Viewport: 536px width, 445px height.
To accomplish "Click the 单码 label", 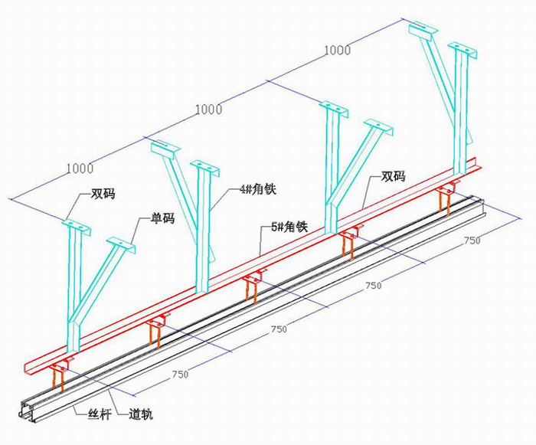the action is pos(162,218).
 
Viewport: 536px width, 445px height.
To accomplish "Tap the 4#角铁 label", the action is pos(259,189).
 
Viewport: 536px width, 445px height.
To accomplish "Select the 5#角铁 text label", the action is pos(289,227).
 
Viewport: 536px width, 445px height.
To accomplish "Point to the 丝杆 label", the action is pos(100,414).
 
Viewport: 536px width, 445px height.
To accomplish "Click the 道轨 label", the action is pos(141,414).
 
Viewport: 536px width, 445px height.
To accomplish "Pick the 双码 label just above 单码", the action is pos(103,194).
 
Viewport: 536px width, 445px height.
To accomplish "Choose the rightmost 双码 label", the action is pos(393,176).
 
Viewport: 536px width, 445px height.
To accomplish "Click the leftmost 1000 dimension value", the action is pos(80,169).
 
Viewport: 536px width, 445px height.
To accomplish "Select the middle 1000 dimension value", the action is pos(208,110).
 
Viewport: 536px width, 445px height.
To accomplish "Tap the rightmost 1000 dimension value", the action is pos(338,51).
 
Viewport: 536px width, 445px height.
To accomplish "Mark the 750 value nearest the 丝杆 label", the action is pos(180,375).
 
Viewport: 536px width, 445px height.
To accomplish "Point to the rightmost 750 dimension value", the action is pos(472,240).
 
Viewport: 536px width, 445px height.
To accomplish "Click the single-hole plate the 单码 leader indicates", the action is pos(121,244).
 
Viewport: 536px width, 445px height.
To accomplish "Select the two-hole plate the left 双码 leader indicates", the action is pos(77,227).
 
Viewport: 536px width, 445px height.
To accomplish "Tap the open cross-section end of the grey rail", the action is pos(28,411).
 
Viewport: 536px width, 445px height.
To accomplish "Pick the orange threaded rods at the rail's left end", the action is pos(58,381).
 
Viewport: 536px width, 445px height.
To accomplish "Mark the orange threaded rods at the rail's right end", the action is pos(445,204).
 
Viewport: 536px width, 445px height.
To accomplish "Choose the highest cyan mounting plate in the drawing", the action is pos(423,28).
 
